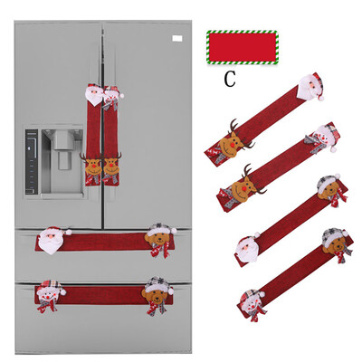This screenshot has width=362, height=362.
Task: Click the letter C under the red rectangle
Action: (230, 80)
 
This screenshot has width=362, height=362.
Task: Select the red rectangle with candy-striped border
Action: (243, 47)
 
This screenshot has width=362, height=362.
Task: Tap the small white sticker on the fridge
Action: (177, 38)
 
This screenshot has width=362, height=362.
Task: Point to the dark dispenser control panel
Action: (32, 162)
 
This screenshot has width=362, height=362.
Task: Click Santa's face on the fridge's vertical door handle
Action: (94, 94)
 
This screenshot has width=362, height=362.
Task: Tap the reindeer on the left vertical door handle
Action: (92, 166)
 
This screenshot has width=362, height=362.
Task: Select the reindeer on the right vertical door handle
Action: (111, 167)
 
